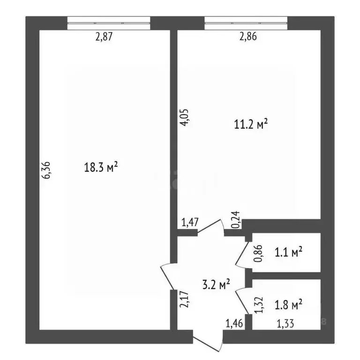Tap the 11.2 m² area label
250,124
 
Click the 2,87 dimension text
105,37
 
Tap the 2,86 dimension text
247,37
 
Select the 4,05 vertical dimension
186,117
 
